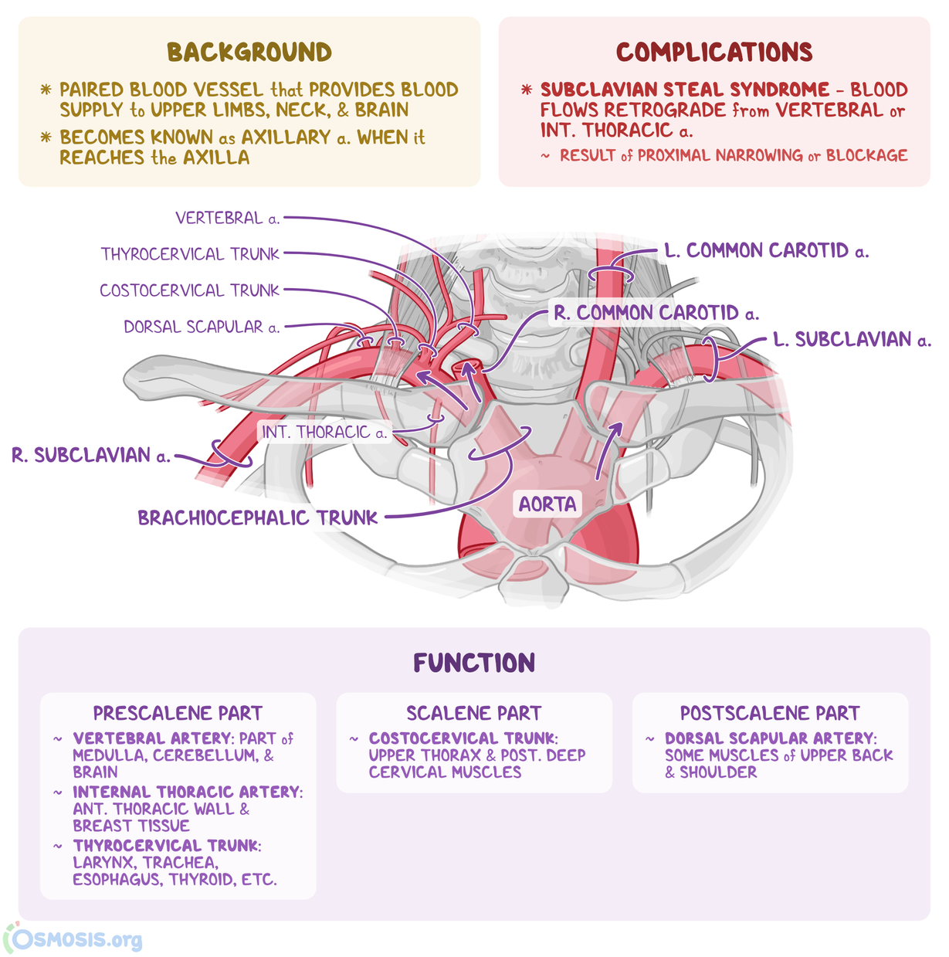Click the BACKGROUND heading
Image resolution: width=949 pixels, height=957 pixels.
249,53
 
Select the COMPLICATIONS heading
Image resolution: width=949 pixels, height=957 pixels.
714,53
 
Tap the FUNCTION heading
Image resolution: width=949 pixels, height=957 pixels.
474,663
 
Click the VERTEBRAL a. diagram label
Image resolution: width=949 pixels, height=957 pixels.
227,219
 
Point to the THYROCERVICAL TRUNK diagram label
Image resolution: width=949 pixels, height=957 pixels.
190,254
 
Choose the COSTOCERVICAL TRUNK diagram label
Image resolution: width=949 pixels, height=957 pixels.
189,290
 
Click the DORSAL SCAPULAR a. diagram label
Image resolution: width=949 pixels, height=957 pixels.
202,327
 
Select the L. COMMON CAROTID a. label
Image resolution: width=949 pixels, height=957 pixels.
766,251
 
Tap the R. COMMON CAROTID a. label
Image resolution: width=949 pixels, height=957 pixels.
656,313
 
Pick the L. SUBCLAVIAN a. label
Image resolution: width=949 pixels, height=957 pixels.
852,340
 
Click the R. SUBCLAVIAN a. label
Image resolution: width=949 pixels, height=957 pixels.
91,455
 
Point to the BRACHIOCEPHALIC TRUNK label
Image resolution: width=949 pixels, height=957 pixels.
258,518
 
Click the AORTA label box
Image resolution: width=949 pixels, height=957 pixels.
547,504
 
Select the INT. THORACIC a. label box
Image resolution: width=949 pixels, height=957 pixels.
324,432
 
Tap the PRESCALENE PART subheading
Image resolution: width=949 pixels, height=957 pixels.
178,713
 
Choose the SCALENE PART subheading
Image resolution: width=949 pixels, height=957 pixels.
474,713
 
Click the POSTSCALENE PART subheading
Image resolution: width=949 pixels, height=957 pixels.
770,713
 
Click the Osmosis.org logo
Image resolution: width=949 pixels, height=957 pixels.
74,939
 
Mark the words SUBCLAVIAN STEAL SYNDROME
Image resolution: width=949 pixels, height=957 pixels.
684,90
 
